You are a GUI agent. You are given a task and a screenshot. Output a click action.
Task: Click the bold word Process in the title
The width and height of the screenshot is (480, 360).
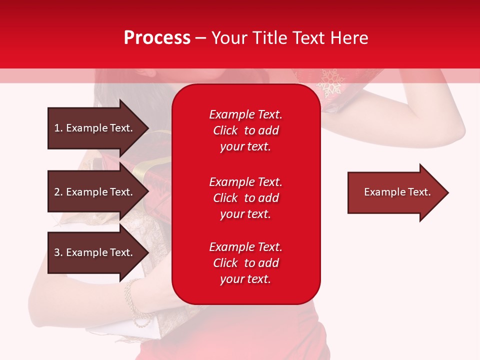coord(157,38)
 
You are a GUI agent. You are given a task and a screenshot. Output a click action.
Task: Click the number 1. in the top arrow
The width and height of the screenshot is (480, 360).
coord(58,128)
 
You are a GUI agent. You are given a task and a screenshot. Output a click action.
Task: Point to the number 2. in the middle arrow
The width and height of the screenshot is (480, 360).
coord(58,192)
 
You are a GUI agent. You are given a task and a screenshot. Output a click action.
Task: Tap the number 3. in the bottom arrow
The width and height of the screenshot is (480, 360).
coord(58,252)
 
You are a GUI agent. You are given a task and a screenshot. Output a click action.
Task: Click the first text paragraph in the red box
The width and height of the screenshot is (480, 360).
coord(245,130)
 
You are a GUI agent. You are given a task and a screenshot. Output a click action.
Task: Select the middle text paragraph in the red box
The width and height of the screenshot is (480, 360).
coord(245,198)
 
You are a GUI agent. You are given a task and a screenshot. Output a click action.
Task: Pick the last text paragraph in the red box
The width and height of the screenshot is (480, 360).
coord(245,263)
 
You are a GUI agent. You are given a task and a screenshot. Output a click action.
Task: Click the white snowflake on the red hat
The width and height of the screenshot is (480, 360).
coord(329,82)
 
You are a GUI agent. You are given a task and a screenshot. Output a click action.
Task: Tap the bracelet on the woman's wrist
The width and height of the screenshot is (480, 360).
coord(132,300)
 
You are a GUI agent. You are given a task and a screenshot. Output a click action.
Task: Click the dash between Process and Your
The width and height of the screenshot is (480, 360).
coord(200,38)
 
